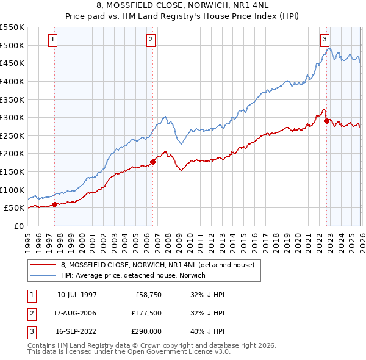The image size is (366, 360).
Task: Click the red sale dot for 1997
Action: point(55,204)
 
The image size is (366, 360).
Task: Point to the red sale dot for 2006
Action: point(152,162)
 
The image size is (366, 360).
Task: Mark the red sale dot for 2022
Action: point(326,121)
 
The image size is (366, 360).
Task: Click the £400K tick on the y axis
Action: point(13,81)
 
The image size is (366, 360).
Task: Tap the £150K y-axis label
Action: point(13,171)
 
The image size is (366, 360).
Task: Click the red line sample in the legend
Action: point(44,265)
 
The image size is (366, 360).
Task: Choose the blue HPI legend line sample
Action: point(44,275)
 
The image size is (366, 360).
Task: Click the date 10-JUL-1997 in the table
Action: point(77,294)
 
